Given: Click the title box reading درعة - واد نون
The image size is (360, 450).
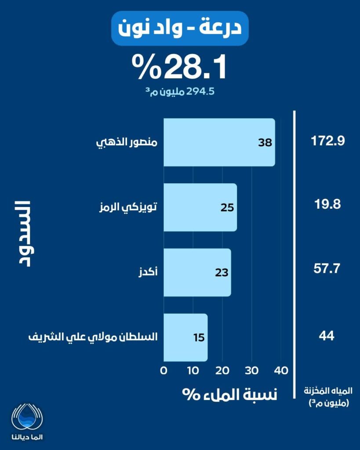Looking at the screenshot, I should [x=180, y=29].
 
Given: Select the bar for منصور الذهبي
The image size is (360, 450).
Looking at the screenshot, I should [x=219, y=142].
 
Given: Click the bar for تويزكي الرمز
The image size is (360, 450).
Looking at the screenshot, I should [x=200, y=207].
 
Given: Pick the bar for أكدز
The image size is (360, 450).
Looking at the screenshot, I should [x=197, y=272].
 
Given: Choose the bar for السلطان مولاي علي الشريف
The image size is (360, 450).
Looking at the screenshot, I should [x=185, y=337].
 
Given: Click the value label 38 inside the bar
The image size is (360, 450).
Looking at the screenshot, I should [x=265, y=143].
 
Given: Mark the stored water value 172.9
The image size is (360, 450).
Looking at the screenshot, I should [x=327, y=142].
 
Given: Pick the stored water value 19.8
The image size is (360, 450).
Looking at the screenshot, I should [x=327, y=205].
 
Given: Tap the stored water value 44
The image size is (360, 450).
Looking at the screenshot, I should [x=327, y=336].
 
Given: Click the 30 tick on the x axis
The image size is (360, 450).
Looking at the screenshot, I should [x=251, y=370].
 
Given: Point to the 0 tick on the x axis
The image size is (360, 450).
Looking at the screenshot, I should [x=164, y=370].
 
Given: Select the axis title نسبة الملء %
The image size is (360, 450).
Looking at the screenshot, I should [x=230, y=394].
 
